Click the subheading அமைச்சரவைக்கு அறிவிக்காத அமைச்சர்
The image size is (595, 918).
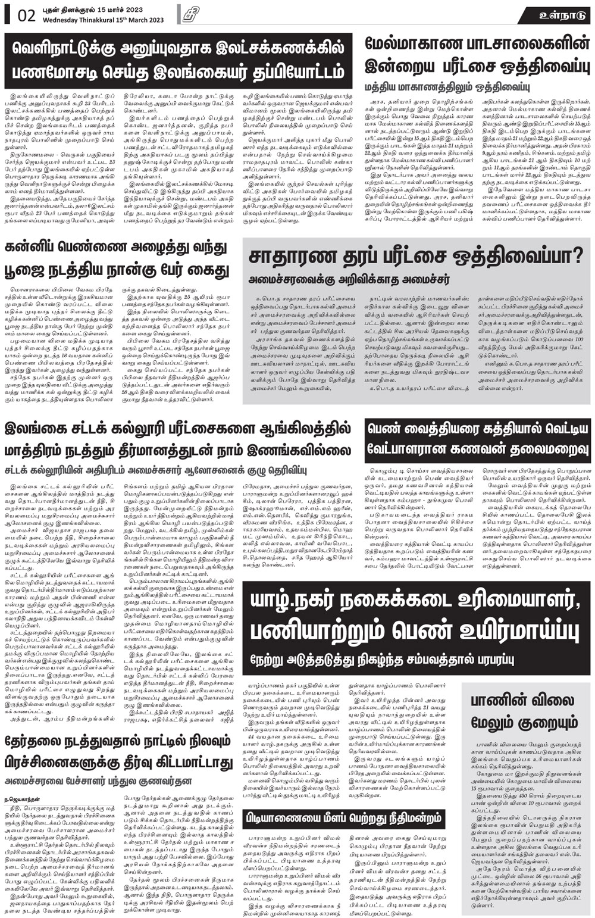349,279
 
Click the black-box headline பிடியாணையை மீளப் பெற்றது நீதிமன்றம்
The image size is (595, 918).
342,817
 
